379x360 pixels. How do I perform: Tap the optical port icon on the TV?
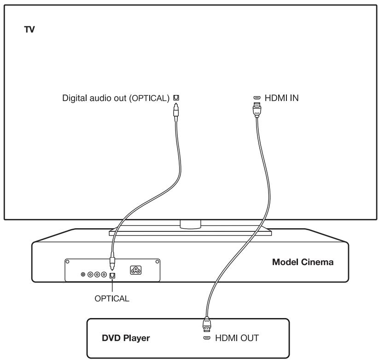(x=175, y=98)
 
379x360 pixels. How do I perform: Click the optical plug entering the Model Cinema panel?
(x=111, y=265)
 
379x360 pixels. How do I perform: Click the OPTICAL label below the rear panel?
(x=111, y=298)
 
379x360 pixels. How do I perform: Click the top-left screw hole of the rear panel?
(x=67, y=261)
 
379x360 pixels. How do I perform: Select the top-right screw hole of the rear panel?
(x=157, y=261)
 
